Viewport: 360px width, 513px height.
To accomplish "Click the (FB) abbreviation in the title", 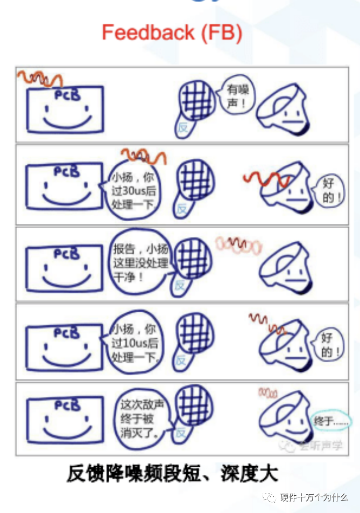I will (x=221, y=33).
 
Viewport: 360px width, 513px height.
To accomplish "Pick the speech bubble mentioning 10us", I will (x=132, y=343).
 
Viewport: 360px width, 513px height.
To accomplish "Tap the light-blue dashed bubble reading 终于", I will (x=331, y=421).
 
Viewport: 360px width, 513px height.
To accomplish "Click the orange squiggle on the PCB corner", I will (x=40, y=79).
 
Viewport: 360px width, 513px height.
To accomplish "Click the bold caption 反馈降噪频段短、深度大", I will (x=172, y=474).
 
